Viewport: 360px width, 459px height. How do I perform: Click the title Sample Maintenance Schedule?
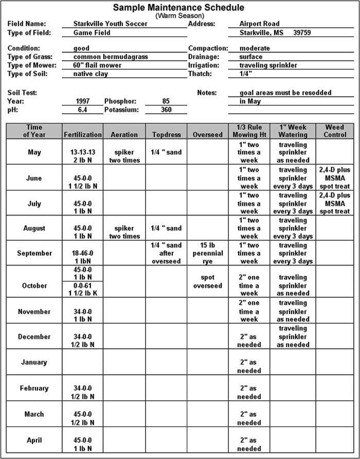pyautogui.click(x=178, y=7)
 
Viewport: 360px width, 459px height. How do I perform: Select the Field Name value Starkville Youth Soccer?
pyautogui.click(x=111, y=24)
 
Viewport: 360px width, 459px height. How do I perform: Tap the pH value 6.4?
pyautogui.click(x=82, y=110)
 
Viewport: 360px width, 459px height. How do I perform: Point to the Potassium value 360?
pyautogui.click(x=166, y=110)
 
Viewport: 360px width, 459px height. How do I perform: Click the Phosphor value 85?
pyautogui.click(x=166, y=101)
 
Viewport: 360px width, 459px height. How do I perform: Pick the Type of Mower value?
pyautogui.click(x=98, y=65)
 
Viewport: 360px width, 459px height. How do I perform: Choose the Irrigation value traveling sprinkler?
pyautogui.click(x=268, y=65)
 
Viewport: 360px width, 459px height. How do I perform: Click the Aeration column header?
pyautogui.click(x=124, y=134)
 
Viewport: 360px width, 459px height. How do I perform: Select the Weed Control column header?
pyautogui.click(x=334, y=131)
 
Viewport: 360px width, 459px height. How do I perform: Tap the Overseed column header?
pyautogui.click(x=208, y=134)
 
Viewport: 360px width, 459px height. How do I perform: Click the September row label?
pyautogui.click(x=34, y=253)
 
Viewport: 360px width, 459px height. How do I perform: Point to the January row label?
pyautogui.click(x=34, y=362)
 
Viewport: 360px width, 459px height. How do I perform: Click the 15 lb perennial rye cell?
pyautogui.click(x=208, y=253)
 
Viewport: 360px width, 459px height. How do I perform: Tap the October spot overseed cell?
pyautogui.click(x=208, y=281)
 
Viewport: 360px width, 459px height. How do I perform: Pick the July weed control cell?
pyautogui.click(x=334, y=203)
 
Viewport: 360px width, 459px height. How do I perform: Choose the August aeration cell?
pyautogui.click(x=124, y=232)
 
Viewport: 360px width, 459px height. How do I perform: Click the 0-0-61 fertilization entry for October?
pyautogui.click(x=82, y=289)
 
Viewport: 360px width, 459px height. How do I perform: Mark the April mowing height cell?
pyautogui.click(x=249, y=445)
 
